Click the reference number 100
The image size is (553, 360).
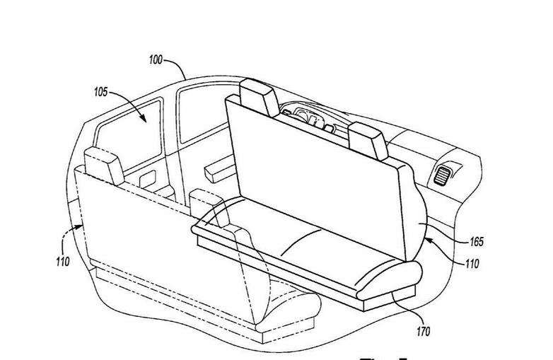pos(156,60)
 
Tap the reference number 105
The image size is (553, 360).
pos(100,92)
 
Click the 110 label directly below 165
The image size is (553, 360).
pos(472,264)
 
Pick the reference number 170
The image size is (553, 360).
pos(423,331)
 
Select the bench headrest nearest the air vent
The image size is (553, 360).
pos(367,139)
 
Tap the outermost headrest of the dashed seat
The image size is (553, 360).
pos(102,164)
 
